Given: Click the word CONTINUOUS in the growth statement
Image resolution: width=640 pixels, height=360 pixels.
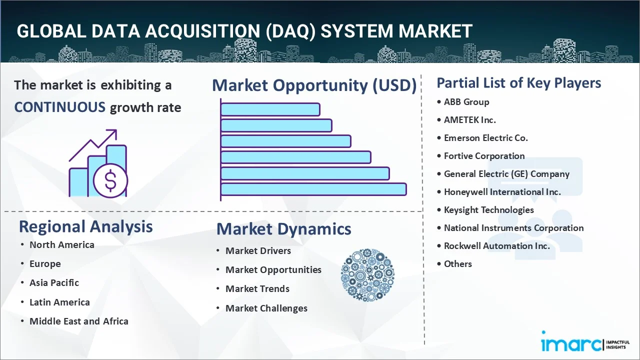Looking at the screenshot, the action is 59,107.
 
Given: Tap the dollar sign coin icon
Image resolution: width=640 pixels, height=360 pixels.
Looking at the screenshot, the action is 110,180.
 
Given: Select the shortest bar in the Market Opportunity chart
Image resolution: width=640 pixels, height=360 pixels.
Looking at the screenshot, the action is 270,109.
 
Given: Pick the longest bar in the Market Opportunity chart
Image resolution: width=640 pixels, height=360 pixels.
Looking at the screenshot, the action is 313,189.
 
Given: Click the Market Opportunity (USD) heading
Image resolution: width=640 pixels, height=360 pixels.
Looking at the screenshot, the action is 314,85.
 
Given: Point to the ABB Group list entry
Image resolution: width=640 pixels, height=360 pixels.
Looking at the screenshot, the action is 466,102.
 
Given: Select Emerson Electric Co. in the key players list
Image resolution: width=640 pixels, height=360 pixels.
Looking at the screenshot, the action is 485,138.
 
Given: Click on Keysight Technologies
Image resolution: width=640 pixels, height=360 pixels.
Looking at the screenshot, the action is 488,210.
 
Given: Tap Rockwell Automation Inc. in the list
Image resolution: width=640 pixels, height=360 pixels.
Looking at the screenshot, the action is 497,246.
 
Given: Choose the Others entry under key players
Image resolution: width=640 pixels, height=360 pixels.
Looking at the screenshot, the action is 457,264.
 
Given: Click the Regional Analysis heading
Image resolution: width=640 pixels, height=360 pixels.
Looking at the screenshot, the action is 85,226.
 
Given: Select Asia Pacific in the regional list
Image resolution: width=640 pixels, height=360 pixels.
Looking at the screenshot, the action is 54,283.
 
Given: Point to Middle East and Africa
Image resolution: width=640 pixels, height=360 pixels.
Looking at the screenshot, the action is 79,321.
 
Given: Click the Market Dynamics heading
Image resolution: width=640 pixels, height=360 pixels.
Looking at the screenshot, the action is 283,229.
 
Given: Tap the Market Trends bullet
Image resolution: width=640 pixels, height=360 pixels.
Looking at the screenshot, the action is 257,289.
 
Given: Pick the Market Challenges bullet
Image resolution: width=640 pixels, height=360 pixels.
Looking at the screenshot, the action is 266,308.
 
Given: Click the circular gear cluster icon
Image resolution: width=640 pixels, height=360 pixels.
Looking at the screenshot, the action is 367,275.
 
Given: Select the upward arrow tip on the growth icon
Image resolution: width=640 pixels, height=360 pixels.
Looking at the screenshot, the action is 116,130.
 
